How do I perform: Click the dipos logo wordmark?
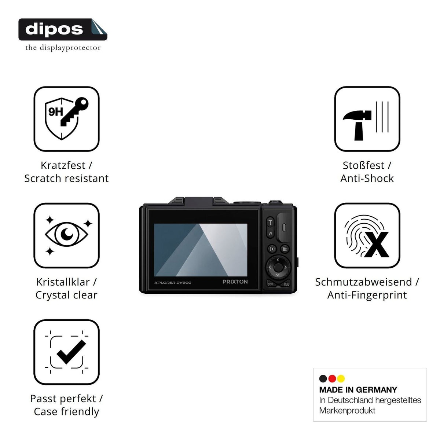point(54,29)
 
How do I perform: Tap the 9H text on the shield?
point(55,112)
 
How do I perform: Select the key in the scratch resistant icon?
point(74,112)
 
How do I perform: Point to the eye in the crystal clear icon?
point(66,234)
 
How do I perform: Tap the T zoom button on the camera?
point(270,223)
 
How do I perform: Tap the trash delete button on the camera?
point(285,249)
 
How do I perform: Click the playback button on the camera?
point(272,249)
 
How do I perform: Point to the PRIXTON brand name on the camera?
point(235,282)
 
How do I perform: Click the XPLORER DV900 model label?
point(173,283)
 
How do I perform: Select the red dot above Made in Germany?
point(332,379)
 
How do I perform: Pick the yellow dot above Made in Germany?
point(341,379)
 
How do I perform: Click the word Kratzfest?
point(63,165)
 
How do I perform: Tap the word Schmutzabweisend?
point(363,282)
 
